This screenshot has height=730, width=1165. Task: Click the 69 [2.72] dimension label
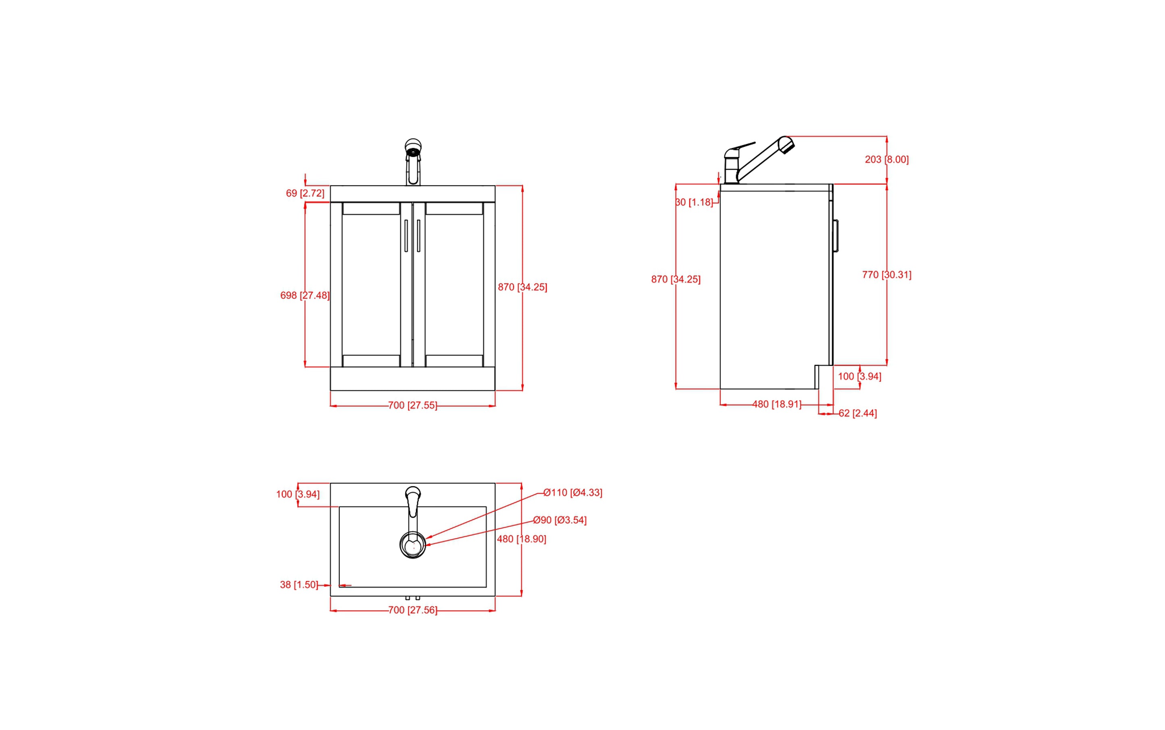(x=305, y=193)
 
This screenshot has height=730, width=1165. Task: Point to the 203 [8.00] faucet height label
(x=886, y=159)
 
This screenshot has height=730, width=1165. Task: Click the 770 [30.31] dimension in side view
(x=886, y=275)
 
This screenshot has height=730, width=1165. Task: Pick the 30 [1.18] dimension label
(x=694, y=202)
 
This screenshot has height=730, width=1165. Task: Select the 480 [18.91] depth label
(x=776, y=404)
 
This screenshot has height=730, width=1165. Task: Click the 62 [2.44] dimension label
(x=857, y=413)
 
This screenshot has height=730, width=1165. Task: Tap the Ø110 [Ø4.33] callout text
(x=572, y=492)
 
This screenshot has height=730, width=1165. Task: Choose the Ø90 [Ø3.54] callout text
(x=560, y=520)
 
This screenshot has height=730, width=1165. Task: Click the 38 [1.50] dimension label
(x=299, y=585)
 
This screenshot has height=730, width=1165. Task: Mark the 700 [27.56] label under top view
(x=413, y=610)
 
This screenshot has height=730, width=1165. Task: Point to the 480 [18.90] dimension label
(x=521, y=539)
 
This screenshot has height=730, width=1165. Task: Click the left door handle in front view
(x=406, y=236)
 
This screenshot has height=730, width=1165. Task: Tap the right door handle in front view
(x=418, y=236)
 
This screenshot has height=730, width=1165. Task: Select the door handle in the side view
(x=836, y=236)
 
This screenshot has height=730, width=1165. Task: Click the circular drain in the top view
(x=413, y=546)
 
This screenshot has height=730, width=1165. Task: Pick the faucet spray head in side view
(x=786, y=144)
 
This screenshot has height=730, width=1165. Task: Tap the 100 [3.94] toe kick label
(x=859, y=376)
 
